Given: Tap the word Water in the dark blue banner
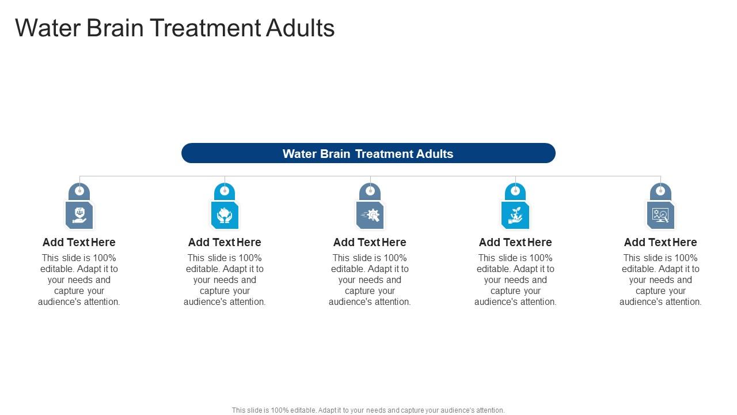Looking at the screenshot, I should coord(299,154).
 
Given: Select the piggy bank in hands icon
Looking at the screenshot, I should coord(225,216).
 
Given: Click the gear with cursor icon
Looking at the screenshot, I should coord(370,216).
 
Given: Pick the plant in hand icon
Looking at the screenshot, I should coord(515,216).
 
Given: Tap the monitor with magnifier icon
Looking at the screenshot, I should coord(660,216).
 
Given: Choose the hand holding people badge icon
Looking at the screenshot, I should coord(79,216).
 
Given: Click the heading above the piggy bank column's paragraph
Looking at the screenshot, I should coord(225,242).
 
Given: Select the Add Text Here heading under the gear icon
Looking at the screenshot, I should coord(370,242).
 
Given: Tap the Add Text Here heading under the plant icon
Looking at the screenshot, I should coord(515,242).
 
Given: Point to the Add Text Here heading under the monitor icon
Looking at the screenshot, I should coord(660,242).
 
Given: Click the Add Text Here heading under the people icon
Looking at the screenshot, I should coord(79,242).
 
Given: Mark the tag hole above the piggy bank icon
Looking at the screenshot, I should coord(225,191).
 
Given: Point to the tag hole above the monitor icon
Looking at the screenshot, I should coord(660,191).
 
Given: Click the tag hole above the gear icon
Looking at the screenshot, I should coord(370,191).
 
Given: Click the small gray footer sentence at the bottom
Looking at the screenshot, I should coord(368,410).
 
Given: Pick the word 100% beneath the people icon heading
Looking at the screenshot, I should coord(104,258).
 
